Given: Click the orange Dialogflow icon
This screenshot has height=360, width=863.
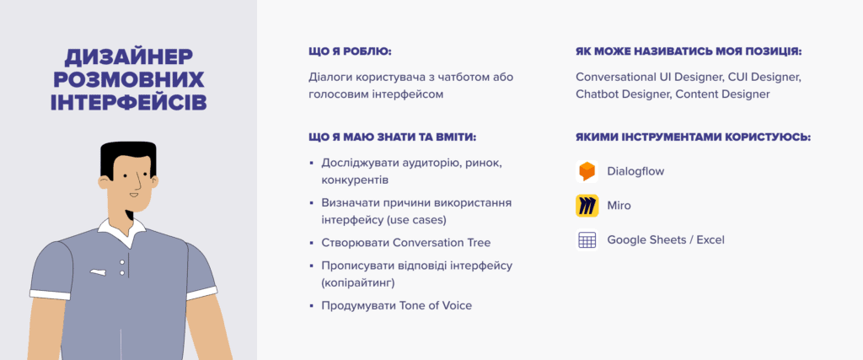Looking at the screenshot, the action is (x=587, y=171).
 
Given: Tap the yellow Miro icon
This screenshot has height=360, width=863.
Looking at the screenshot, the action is (x=587, y=206).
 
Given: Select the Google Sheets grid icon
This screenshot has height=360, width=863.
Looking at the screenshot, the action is (x=587, y=240).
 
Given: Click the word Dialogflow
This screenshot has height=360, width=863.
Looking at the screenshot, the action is (x=635, y=171).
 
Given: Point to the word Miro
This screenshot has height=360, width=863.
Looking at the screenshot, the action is (x=619, y=206).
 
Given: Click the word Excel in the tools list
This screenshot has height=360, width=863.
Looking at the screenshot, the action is (x=710, y=240).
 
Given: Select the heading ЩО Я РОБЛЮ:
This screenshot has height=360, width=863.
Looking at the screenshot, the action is (x=350, y=51).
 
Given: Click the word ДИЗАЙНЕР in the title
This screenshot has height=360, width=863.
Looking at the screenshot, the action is (x=129, y=58).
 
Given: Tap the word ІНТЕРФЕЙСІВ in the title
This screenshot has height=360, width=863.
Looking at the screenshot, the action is (x=129, y=102).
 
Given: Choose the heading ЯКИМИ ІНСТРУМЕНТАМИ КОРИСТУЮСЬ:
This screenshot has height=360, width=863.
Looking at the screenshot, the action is (x=694, y=137).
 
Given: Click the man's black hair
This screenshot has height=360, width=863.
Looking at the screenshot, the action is (x=128, y=156).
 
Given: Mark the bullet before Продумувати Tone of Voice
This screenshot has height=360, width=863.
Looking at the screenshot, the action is (x=312, y=305).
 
